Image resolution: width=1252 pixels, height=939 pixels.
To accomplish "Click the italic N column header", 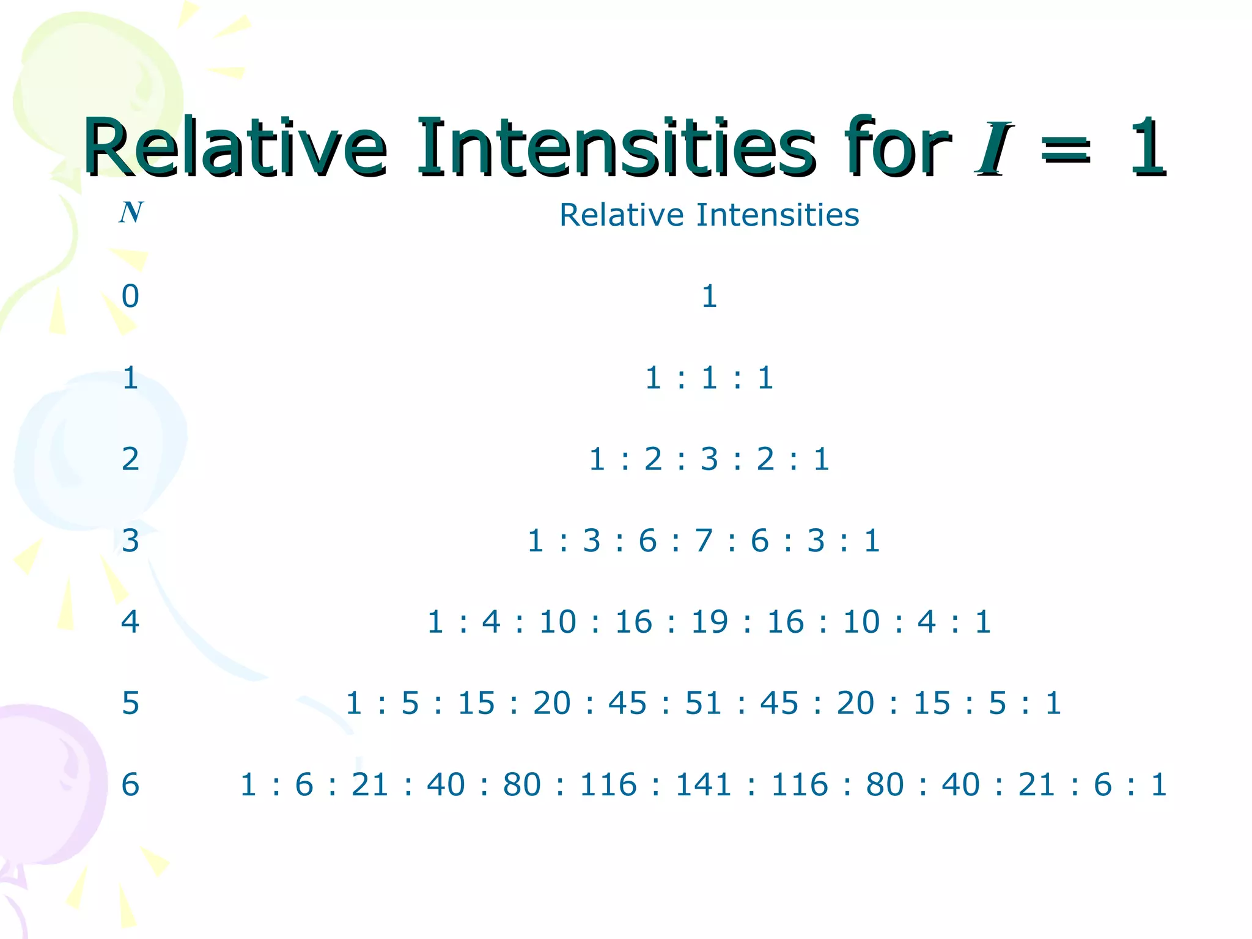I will (131, 213).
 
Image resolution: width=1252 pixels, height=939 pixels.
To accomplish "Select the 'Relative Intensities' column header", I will (709, 215).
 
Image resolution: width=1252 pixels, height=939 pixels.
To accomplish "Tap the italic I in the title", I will (993, 148).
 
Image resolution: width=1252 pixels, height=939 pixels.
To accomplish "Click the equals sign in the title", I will (1066, 150).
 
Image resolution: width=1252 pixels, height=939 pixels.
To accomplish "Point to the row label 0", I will (130, 296).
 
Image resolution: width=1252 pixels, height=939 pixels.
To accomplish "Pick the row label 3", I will (130, 540).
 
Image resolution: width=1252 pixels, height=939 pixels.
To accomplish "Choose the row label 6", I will (130, 784).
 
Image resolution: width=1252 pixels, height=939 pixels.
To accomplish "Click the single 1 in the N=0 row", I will (709, 296).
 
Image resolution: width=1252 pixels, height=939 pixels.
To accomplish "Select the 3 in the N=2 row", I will (709, 459).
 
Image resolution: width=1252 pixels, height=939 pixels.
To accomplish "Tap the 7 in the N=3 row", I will (704, 540).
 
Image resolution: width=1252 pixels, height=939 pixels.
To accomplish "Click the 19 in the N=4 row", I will (709, 622).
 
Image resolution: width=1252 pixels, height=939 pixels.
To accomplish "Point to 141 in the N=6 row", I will (704, 784).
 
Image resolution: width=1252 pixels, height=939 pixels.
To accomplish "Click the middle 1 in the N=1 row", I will (709, 378).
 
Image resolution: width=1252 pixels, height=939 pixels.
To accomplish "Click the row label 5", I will (130, 703).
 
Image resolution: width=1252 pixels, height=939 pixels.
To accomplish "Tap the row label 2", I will (130, 459).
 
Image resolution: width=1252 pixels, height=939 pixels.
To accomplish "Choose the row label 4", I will (130, 622).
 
